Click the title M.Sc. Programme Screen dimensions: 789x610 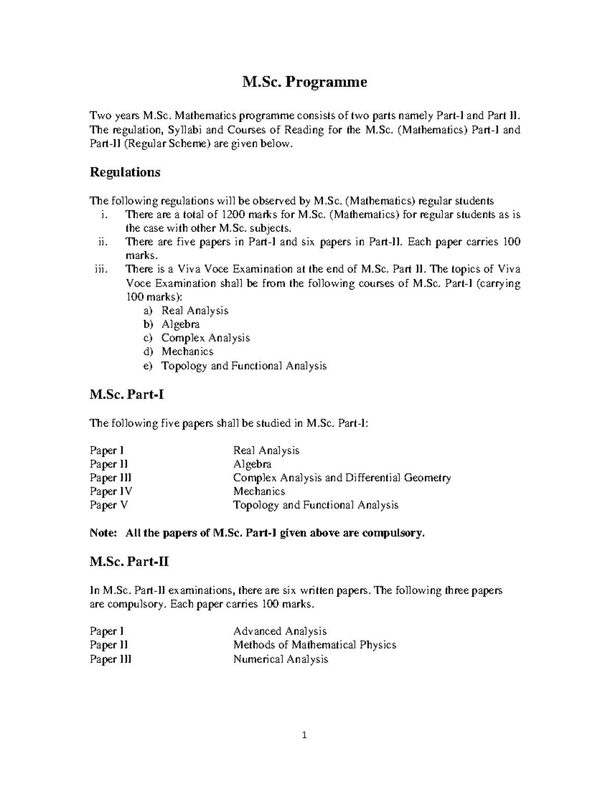tap(304, 82)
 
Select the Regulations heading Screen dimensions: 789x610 tap(125, 172)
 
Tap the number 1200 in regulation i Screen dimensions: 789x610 tap(237, 214)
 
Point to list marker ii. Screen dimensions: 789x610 tap(103, 242)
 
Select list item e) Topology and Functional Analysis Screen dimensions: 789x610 tap(243, 365)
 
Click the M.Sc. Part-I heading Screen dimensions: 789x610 tap(127, 394)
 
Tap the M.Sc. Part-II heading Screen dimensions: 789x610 tap(129, 562)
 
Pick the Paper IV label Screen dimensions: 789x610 tap(111, 491)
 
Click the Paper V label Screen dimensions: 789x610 tap(109, 505)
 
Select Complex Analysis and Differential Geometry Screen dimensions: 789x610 tap(342, 478)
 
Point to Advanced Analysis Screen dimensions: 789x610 tap(280, 631)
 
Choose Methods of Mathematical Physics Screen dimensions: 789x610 tap(314, 645)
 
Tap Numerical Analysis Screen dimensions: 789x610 tap(281, 659)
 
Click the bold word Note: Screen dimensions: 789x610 tap(103, 533)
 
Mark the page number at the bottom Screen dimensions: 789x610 tap(304, 735)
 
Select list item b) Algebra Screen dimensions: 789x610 tap(180, 324)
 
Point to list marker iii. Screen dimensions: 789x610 tap(101, 269)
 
